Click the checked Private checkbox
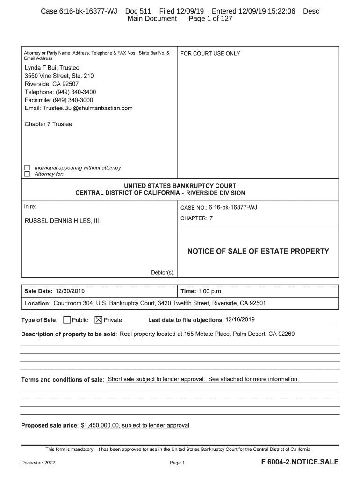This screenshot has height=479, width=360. [x=99, y=320]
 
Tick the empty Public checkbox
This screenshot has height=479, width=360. [x=67, y=320]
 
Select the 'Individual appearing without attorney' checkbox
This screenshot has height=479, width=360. [x=27, y=167]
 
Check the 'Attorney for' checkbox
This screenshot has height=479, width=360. [x=27, y=174]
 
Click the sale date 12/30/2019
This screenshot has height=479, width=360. [x=70, y=291]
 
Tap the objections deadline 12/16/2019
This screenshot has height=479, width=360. [x=240, y=320]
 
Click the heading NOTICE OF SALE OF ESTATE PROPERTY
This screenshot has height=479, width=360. [x=258, y=251]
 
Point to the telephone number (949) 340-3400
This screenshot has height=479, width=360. [x=76, y=92]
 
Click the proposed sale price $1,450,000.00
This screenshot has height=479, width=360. [x=101, y=426]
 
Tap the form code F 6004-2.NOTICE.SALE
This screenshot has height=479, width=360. [x=300, y=462]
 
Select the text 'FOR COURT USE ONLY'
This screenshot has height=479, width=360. [x=210, y=54]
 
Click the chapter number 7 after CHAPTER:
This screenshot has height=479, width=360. [x=211, y=218]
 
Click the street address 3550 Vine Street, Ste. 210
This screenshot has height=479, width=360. [x=59, y=76]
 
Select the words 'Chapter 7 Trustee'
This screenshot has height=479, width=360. [x=48, y=124]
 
